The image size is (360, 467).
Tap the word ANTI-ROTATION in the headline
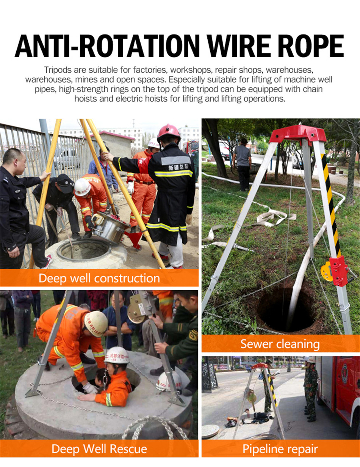(x=107, y=46)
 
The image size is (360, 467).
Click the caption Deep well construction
(x=99, y=278)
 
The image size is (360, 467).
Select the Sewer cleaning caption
(x=280, y=344)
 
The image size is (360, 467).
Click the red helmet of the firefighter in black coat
(x=169, y=131)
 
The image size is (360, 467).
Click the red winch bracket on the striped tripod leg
(x=338, y=271)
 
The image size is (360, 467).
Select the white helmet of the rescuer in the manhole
(x=117, y=356)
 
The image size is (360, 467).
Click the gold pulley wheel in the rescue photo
(x=136, y=312)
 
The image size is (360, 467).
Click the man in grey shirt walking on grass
(x=242, y=165)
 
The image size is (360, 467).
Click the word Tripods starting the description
(x=58, y=70)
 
